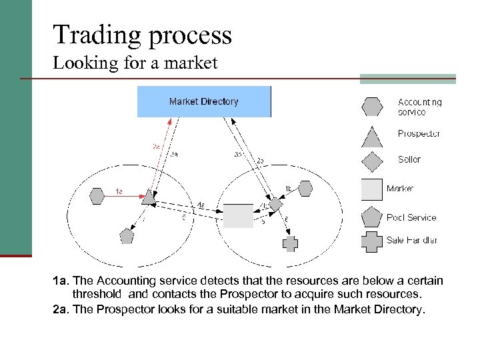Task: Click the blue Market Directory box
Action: (204, 102)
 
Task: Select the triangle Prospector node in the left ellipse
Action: (149, 197)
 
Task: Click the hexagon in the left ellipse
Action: (96, 196)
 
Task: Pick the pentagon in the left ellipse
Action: (127, 235)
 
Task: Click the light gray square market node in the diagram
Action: (238, 216)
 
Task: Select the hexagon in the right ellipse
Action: (305, 189)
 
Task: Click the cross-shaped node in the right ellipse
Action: (290, 243)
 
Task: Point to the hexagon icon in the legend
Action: (372, 107)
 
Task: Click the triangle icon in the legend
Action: (372, 135)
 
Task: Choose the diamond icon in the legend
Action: (372, 161)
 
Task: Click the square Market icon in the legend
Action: (372, 189)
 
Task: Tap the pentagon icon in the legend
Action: (372, 217)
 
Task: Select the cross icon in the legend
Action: (372, 241)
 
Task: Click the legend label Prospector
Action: (419, 134)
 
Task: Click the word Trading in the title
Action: (92, 35)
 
